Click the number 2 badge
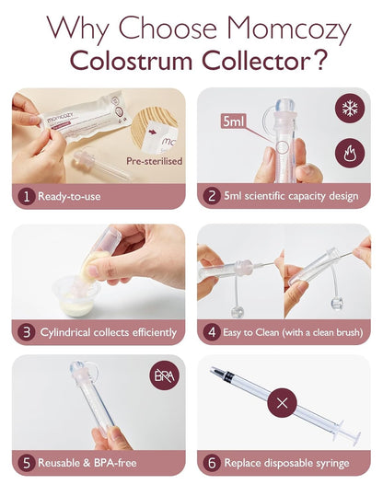(213, 196)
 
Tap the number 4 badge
(213, 329)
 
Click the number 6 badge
(213, 462)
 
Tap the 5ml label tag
(234, 121)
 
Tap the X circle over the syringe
(282, 402)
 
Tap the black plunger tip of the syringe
(219, 374)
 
